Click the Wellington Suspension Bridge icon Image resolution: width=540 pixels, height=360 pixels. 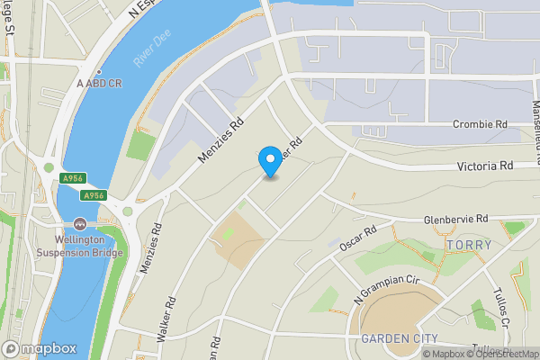pyautogui.click(x=80, y=223)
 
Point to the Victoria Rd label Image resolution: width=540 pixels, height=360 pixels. pyautogui.click(x=484, y=166)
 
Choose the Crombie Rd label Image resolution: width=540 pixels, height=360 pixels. pyautogui.click(x=481, y=124)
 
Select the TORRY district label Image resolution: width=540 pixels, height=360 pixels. pyautogui.click(x=469, y=245)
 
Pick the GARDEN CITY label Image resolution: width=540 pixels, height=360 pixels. pyautogui.click(x=399, y=338)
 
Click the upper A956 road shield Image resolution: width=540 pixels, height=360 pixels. pyautogui.click(x=72, y=179)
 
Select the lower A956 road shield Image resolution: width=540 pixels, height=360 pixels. pyautogui.click(x=94, y=195)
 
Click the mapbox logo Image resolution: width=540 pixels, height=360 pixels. pyautogui.click(x=40, y=348)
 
